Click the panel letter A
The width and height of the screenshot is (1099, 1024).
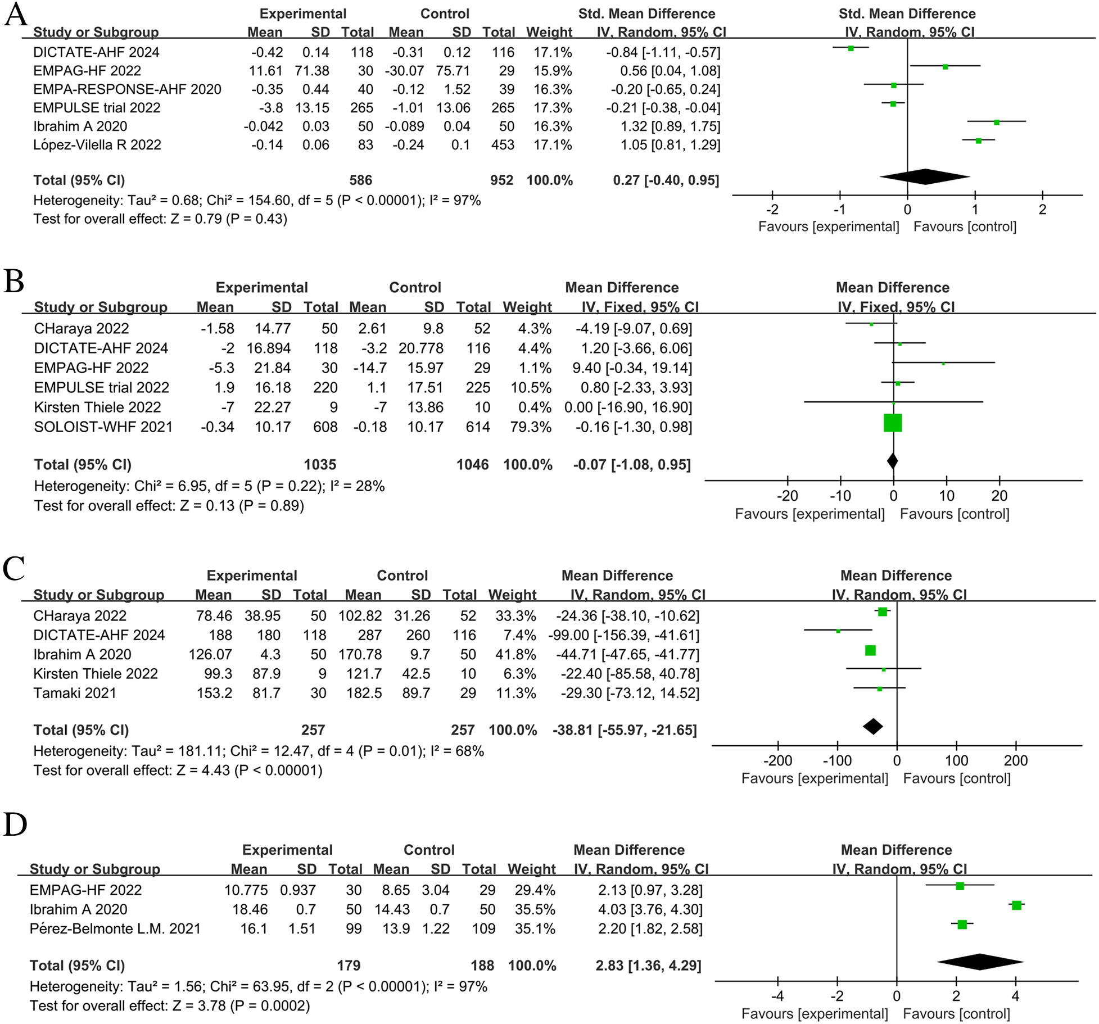(15, 15)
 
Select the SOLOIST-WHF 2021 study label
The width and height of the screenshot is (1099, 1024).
(103, 427)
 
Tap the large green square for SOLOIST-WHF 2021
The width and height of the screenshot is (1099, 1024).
(893, 423)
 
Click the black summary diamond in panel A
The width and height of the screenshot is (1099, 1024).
(925, 176)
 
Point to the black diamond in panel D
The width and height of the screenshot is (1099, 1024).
(980, 962)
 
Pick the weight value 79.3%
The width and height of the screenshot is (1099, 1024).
(530, 427)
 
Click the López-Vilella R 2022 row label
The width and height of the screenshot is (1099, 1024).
(97, 145)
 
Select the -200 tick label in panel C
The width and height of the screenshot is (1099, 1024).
(777, 760)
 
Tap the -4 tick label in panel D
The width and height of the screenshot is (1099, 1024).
(777, 996)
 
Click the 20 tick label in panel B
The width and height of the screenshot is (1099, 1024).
(999, 496)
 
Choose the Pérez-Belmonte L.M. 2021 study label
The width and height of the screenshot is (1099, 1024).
(115, 928)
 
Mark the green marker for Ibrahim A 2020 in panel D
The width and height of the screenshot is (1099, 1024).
(1016, 905)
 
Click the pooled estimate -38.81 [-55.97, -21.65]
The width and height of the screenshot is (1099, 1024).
(625, 730)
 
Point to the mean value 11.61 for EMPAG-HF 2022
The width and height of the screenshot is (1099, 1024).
(265, 71)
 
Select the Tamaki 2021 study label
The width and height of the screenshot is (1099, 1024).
(74, 693)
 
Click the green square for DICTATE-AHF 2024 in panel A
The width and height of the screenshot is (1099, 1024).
(851, 48)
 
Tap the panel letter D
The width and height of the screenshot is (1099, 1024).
(15, 824)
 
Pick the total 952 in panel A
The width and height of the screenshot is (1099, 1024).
(501, 180)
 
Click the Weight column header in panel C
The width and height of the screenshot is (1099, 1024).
(512, 595)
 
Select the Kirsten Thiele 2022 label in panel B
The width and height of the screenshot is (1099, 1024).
(97, 407)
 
